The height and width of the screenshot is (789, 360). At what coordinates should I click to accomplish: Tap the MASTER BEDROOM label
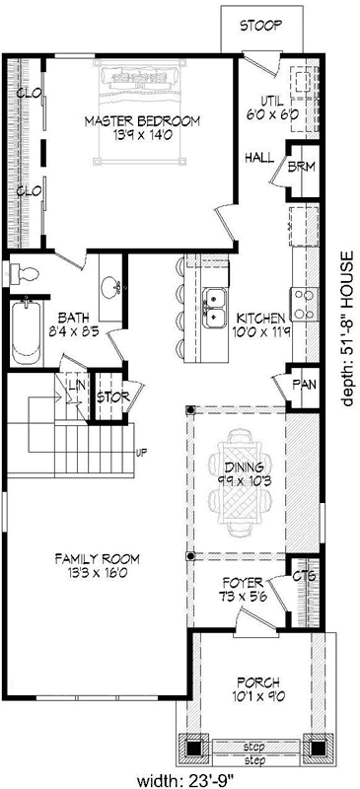coord(156,120)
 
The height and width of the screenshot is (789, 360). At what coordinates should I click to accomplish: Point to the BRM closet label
coord(301,167)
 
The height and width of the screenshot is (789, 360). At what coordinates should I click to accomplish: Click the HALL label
coord(259,157)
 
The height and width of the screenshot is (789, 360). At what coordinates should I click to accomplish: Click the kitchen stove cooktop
coord(302,301)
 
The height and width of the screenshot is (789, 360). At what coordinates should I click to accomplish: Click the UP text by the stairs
coord(141,454)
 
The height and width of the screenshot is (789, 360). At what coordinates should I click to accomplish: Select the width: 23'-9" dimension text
coord(180,780)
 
